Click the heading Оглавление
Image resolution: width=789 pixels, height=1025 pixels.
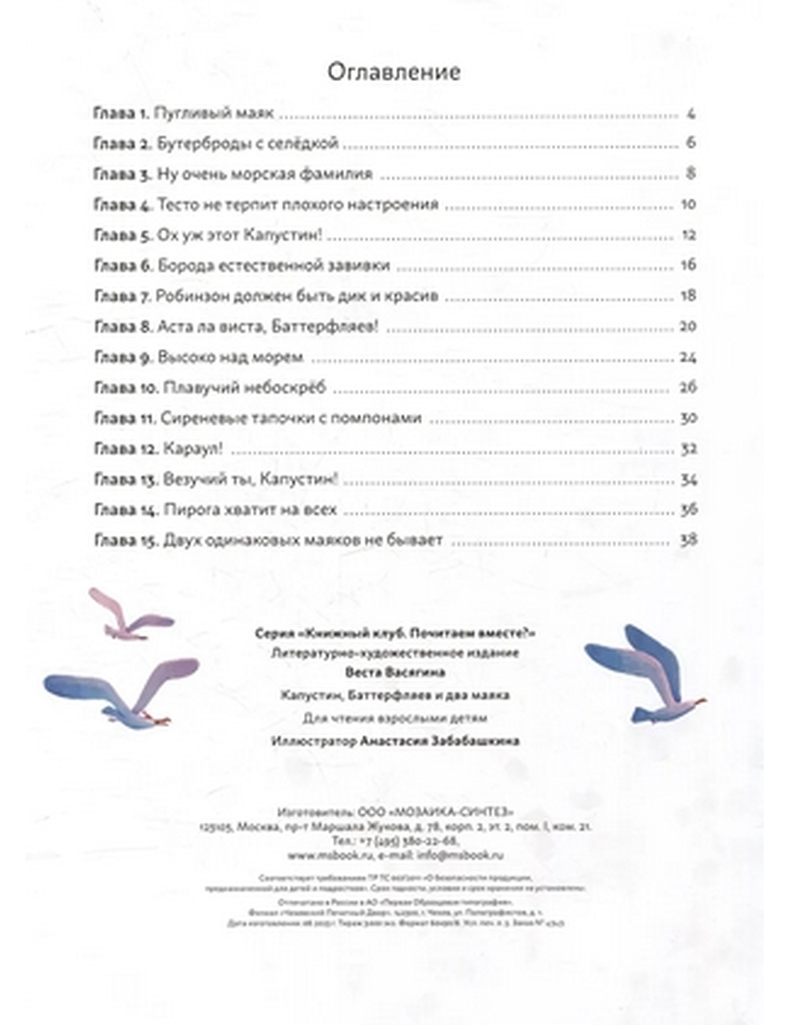(394, 72)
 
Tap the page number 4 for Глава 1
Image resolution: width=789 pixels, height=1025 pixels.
(690, 114)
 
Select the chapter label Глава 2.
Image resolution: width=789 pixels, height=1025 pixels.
(122, 143)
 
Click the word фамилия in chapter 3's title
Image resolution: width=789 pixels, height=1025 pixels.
(339, 174)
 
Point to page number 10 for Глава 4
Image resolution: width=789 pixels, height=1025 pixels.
(687, 204)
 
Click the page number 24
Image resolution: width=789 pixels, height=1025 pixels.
(687, 357)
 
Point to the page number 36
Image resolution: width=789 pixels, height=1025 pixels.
(687, 510)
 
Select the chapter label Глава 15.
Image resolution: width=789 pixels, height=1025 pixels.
(125, 541)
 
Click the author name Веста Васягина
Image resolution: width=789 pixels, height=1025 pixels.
(395, 673)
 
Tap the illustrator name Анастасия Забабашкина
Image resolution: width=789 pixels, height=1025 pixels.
(439, 741)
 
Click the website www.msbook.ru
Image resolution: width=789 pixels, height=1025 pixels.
(317, 855)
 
